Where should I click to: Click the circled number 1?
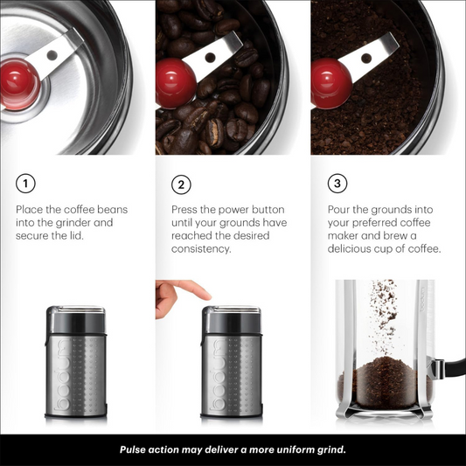click(26, 184)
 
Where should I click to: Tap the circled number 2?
click(181, 184)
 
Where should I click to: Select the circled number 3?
click(337, 184)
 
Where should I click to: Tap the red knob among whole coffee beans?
click(176, 84)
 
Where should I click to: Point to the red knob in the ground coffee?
click(330, 83)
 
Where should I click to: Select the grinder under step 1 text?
click(75, 364)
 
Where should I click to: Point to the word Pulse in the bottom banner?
click(136, 449)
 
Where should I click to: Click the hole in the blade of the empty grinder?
click(53, 55)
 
